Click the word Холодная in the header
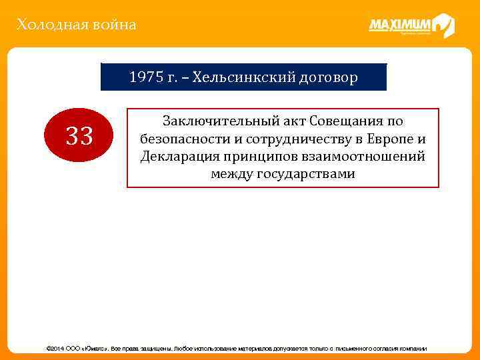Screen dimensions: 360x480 tap(45, 25)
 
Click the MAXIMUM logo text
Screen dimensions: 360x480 tap(399, 26)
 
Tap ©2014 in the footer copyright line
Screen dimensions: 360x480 tap(53, 348)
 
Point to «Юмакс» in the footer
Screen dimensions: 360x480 tap(92, 348)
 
